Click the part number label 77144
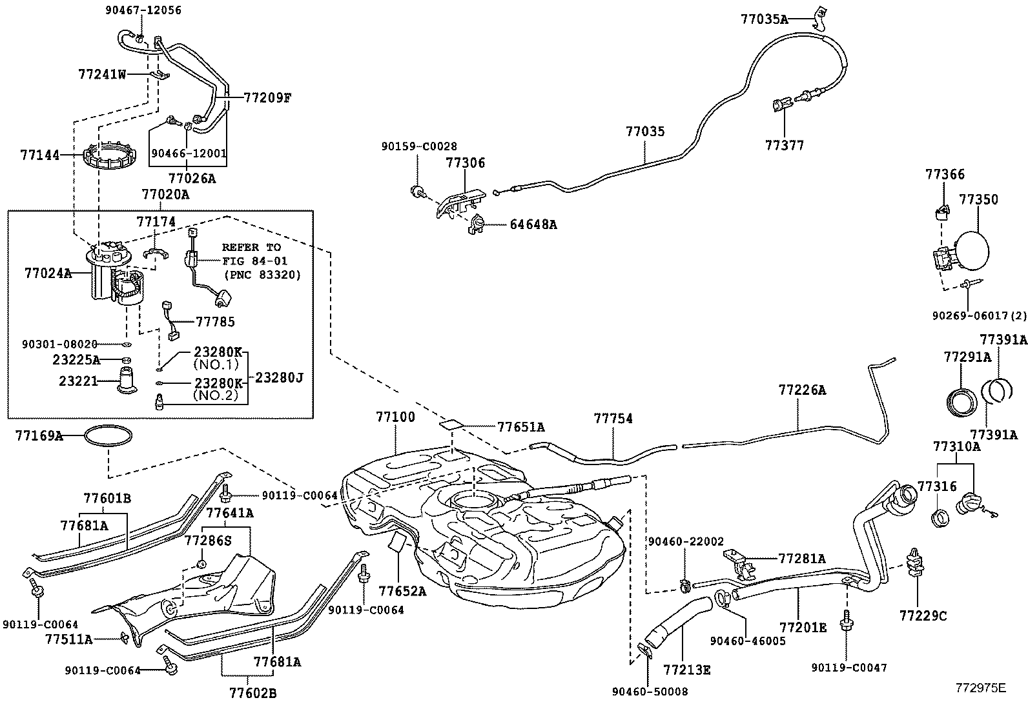[x=39, y=155]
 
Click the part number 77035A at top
[x=764, y=19]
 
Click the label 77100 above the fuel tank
[x=395, y=417]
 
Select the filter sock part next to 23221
[x=127, y=380]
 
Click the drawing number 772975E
[x=981, y=688]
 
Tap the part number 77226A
[x=802, y=390]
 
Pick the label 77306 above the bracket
[x=464, y=163]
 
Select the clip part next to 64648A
[x=478, y=224]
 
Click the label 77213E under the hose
[x=687, y=670]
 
